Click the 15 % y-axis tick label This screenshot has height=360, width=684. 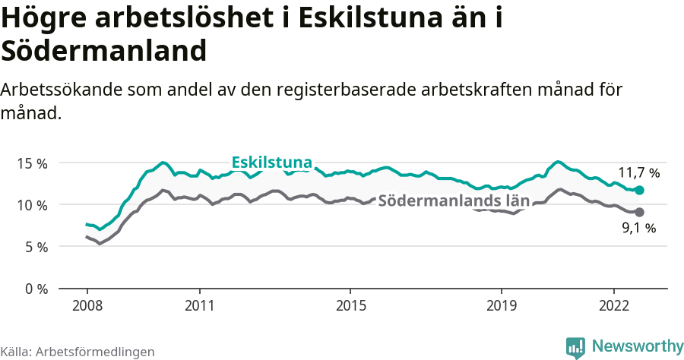click(x=31, y=163)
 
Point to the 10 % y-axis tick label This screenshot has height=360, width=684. click(x=31, y=205)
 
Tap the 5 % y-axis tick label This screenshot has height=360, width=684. click(x=35, y=247)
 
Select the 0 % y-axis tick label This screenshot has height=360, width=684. click(x=35, y=289)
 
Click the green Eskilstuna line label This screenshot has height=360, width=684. click(x=271, y=163)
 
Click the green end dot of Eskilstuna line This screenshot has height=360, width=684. click(x=639, y=190)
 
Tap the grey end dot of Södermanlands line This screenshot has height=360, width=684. click(x=639, y=212)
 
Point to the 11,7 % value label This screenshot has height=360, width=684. click(x=638, y=173)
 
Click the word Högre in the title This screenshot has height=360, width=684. click(x=44, y=18)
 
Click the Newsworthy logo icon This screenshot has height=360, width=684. click(x=575, y=346)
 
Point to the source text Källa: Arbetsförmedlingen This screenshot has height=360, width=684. click(x=78, y=352)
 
